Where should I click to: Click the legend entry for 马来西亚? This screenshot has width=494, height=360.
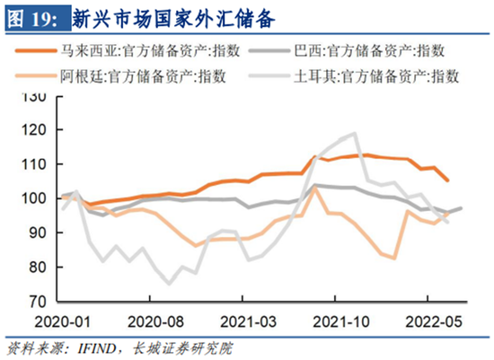tap(128, 50)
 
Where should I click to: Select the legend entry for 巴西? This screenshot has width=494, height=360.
tap(347, 50)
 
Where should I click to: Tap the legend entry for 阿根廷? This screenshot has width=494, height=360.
tap(120, 76)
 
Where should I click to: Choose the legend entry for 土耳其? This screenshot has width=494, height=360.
tap(354, 76)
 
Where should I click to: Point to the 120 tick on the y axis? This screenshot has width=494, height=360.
tap(34, 130)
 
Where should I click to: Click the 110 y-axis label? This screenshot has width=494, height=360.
tap(34, 164)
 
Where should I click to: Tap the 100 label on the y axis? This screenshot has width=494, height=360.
tap(34, 198)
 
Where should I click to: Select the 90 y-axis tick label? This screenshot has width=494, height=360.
tap(38, 233)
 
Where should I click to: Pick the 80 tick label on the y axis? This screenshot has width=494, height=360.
tap(38, 268)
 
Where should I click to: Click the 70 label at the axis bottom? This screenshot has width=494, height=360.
tap(38, 302)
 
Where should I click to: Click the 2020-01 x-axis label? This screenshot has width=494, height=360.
tap(62, 322)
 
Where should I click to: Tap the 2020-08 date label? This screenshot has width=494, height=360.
tap(155, 322)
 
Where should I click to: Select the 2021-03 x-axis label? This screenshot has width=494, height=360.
tap(248, 322)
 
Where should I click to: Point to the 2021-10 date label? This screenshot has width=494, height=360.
tap(341, 322)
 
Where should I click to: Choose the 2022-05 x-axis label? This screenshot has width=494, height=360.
tap(434, 322)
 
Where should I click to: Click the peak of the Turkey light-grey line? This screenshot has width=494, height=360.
tap(355, 133)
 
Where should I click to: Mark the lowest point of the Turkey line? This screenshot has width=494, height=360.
tap(169, 284)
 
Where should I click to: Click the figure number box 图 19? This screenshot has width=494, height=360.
tap(38, 18)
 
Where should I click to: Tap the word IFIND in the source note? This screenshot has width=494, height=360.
tap(97, 348)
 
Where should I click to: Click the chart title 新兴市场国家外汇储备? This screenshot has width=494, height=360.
tap(174, 18)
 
